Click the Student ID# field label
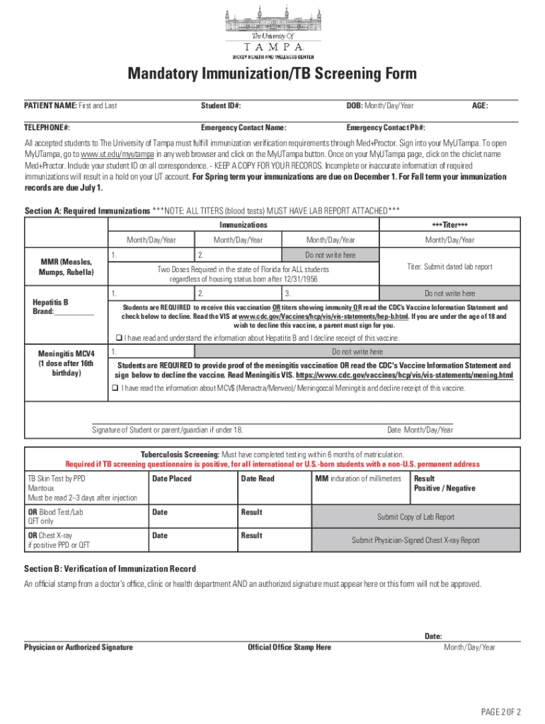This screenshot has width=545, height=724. tap(221, 106)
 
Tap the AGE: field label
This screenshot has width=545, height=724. tap(480, 106)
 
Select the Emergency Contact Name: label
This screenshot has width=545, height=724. tap(243, 128)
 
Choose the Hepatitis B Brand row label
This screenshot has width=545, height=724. tap(63, 307)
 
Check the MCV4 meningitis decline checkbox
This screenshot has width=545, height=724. tap(115, 388)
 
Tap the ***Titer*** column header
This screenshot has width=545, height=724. tap(449, 225)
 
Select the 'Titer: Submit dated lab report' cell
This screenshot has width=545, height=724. tap(449, 267)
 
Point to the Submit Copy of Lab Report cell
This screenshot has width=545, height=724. tap(415, 517)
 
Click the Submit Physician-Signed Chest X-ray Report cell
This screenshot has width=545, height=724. tap(415, 540)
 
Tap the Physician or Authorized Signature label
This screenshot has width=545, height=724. tap(79, 647)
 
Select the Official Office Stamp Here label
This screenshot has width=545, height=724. tap(289, 647)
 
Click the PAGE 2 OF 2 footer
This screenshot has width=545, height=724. tap(501, 711)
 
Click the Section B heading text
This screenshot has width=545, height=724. tap(110, 569)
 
